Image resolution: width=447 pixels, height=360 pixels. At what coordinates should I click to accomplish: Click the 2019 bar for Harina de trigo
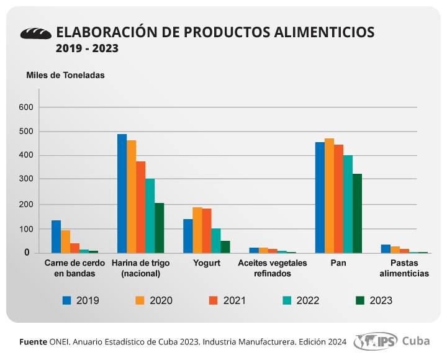click(122, 194)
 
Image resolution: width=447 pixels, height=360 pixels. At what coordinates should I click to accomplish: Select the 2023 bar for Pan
click(357, 214)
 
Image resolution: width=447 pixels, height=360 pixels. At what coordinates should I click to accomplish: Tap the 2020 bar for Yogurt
click(197, 230)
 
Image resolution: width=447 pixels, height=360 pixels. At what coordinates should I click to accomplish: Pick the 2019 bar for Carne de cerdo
click(56, 236)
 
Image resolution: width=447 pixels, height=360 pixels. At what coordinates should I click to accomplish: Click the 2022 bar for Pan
click(348, 204)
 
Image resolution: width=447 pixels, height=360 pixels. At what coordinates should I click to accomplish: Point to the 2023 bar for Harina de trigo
click(160, 228)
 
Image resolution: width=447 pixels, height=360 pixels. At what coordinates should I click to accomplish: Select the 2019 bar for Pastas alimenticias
click(386, 248)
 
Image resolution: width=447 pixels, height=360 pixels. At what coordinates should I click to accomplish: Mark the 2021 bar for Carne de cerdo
click(75, 248)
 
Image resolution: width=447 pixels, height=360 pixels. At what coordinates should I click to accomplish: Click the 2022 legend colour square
click(287, 300)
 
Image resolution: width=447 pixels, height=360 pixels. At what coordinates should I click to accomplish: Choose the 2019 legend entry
click(81, 300)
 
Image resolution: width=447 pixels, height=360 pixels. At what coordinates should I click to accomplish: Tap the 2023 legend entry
click(374, 300)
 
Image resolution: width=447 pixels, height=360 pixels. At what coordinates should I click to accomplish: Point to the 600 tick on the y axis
click(26, 107)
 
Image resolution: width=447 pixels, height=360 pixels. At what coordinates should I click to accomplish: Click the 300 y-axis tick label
click(26, 179)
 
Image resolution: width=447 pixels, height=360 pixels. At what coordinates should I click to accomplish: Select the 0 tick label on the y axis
click(27, 252)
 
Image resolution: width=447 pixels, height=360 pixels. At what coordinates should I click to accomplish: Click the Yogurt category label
click(207, 263)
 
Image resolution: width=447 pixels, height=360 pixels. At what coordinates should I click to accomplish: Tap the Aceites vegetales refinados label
click(273, 268)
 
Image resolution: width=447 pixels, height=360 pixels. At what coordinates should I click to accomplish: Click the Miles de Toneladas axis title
click(65, 75)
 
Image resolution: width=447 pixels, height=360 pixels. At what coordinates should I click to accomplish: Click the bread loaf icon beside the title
click(36, 34)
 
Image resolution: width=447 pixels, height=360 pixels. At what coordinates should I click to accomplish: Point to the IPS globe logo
click(376, 341)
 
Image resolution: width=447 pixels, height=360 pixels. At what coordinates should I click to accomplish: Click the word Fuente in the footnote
click(33, 342)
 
